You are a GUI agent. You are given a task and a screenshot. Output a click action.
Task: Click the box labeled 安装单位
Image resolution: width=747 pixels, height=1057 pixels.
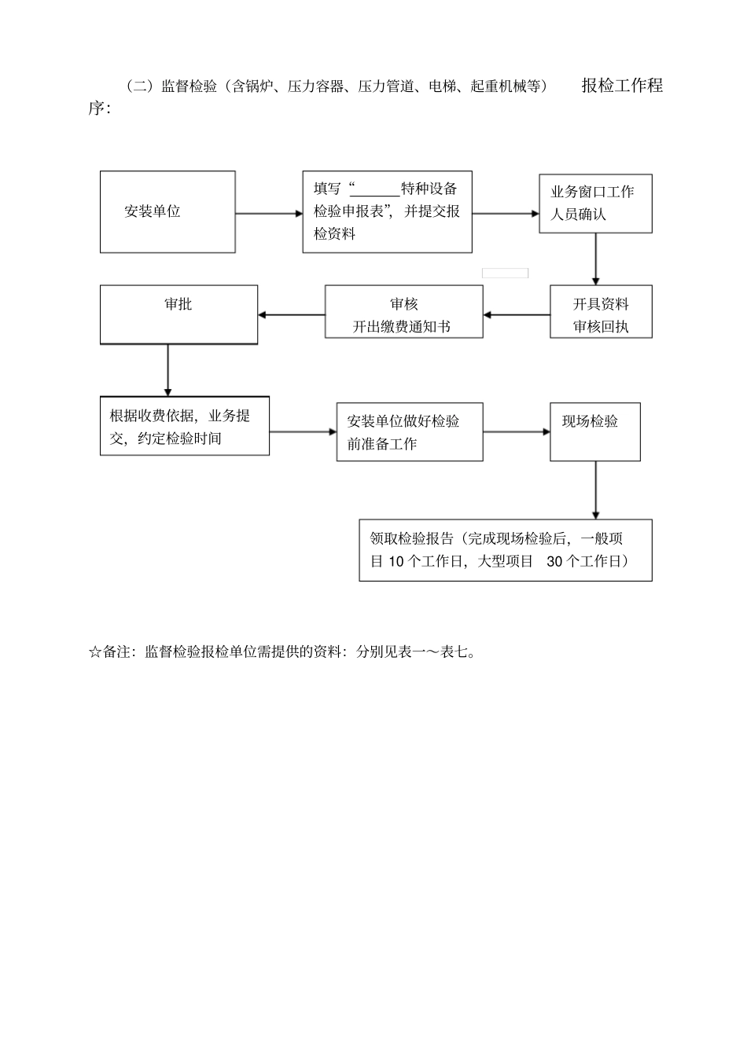pyautogui.click(x=167, y=211)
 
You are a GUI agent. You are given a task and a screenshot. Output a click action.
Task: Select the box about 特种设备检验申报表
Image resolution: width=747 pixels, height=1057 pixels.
pyautogui.click(x=387, y=211)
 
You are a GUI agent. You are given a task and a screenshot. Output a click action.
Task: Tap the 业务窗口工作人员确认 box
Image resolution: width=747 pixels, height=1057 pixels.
pyautogui.click(x=595, y=204)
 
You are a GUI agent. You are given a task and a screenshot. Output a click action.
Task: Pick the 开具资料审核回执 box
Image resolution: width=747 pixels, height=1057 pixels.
pyautogui.click(x=601, y=311)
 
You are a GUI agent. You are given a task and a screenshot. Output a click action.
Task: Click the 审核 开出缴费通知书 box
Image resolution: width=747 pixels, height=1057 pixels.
pyautogui.click(x=403, y=311)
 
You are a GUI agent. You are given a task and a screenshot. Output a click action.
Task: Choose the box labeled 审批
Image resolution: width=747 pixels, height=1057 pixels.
pyautogui.click(x=178, y=314)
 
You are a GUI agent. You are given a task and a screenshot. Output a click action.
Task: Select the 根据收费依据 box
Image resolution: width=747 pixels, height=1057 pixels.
pyautogui.click(x=184, y=426)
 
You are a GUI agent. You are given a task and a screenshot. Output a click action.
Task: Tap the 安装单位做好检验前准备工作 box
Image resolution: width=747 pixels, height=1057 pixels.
pyautogui.click(x=409, y=432)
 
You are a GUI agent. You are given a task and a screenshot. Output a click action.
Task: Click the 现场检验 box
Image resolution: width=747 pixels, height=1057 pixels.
pyautogui.click(x=594, y=431)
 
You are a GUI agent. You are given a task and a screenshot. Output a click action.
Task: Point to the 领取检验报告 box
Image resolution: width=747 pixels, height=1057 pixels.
pyautogui.click(x=505, y=550)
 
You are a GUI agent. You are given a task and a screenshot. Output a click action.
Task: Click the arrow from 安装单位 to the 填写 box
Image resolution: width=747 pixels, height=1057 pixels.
pyautogui.click(x=269, y=213)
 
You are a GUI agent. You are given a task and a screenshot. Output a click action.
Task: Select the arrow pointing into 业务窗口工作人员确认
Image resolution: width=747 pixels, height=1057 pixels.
pyautogui.click(x=506, y=213)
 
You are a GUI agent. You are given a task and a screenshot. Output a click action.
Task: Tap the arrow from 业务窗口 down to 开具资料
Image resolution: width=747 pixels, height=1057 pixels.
pyautogui.click(x=595, y=259)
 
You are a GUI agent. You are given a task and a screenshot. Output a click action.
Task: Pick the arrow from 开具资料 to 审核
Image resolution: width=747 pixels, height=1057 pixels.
pyautogui.click(x=517, y=315)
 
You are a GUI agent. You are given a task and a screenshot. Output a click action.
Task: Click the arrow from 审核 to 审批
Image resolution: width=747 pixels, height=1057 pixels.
pyautogui.click(x=291, y=315)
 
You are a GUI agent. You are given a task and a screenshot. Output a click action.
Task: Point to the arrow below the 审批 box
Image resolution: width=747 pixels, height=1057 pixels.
pyautogui.click(x=167, y=370)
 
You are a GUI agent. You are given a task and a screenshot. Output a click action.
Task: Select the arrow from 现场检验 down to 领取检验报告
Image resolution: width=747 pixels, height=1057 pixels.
pyautogui.click(x=595, y=490)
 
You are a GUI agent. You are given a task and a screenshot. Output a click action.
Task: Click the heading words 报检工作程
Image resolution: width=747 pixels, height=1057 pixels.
pyautogui.click(x=622, y=86)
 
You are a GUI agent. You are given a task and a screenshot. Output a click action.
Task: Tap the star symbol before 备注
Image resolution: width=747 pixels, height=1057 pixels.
pyautogui.click(x=94, y=652)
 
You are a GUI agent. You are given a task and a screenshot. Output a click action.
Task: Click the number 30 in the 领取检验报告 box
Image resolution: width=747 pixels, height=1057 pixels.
pyautogui.click(x=554, y=562)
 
